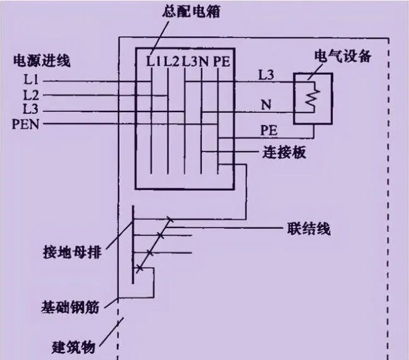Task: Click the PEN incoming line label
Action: pos(25,124)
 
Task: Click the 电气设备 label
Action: pos(342,57)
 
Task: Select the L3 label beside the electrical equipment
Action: pos(266,74)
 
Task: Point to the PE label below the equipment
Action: pos(268,129)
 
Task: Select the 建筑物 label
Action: pos(74,346)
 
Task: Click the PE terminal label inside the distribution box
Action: pos(222,61)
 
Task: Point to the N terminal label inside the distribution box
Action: pos(204,61)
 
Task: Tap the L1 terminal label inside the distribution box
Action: pos(153,61)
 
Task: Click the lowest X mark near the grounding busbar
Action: pos(140,269)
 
